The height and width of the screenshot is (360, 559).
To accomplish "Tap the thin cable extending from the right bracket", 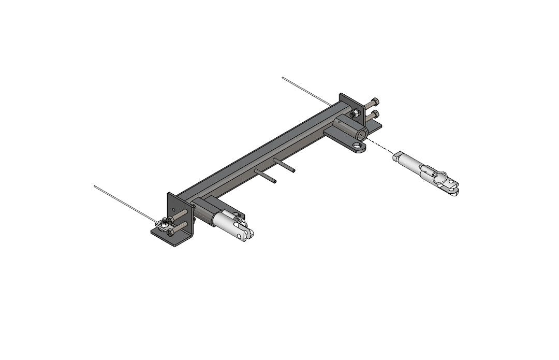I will coord(305,91).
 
